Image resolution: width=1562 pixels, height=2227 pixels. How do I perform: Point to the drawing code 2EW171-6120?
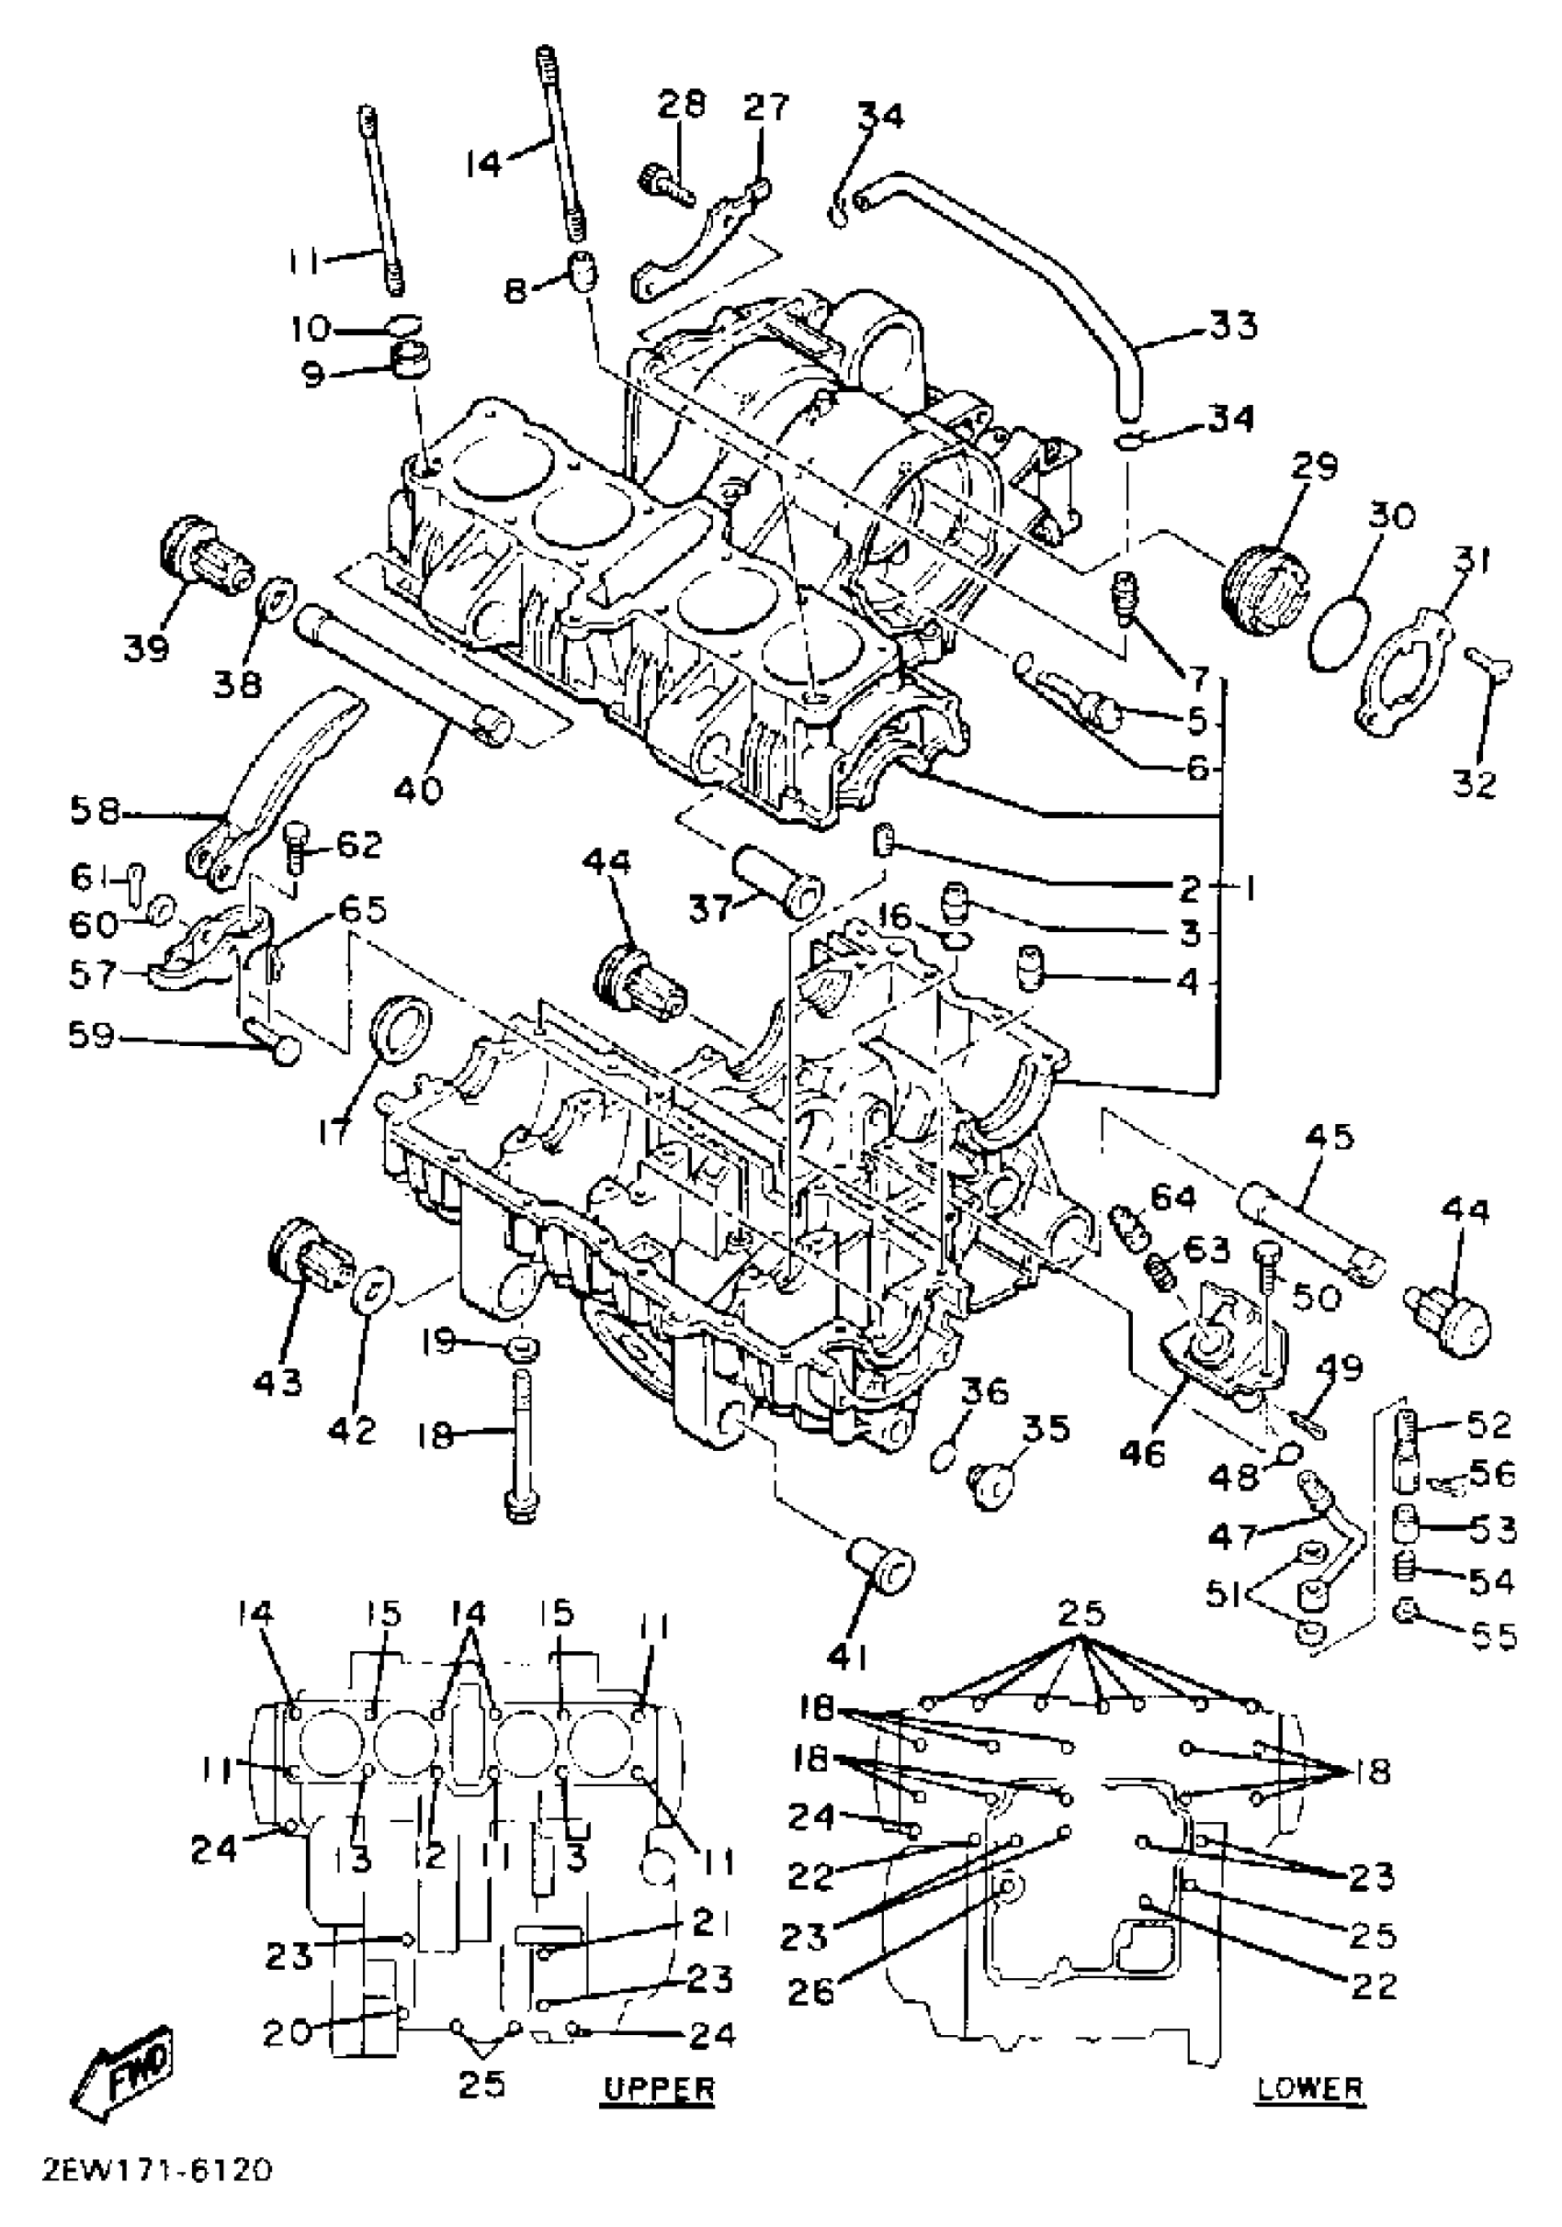click(157, 2194)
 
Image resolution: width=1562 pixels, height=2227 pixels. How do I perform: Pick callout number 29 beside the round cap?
click(1314, 466)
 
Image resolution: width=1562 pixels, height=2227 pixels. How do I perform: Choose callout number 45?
click(1330, 1137)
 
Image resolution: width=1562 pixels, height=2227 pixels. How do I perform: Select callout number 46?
click(1142, 1453)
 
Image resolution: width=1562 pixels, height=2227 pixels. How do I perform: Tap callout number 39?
click(147, 646)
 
